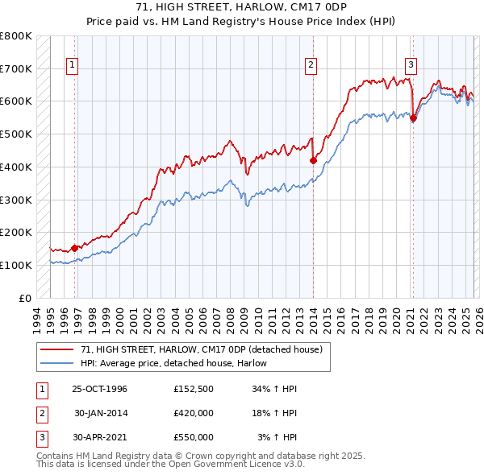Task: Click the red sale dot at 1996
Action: pos(75,248)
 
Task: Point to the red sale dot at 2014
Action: pos(314,160)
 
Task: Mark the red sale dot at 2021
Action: pos(414,118)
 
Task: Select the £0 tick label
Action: pos(25,298)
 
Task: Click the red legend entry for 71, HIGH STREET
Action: pos(202,350)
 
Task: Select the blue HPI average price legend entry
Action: pos(173,364)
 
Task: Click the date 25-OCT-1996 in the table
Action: pos(99,389)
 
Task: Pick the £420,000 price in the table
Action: pos(194,413)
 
